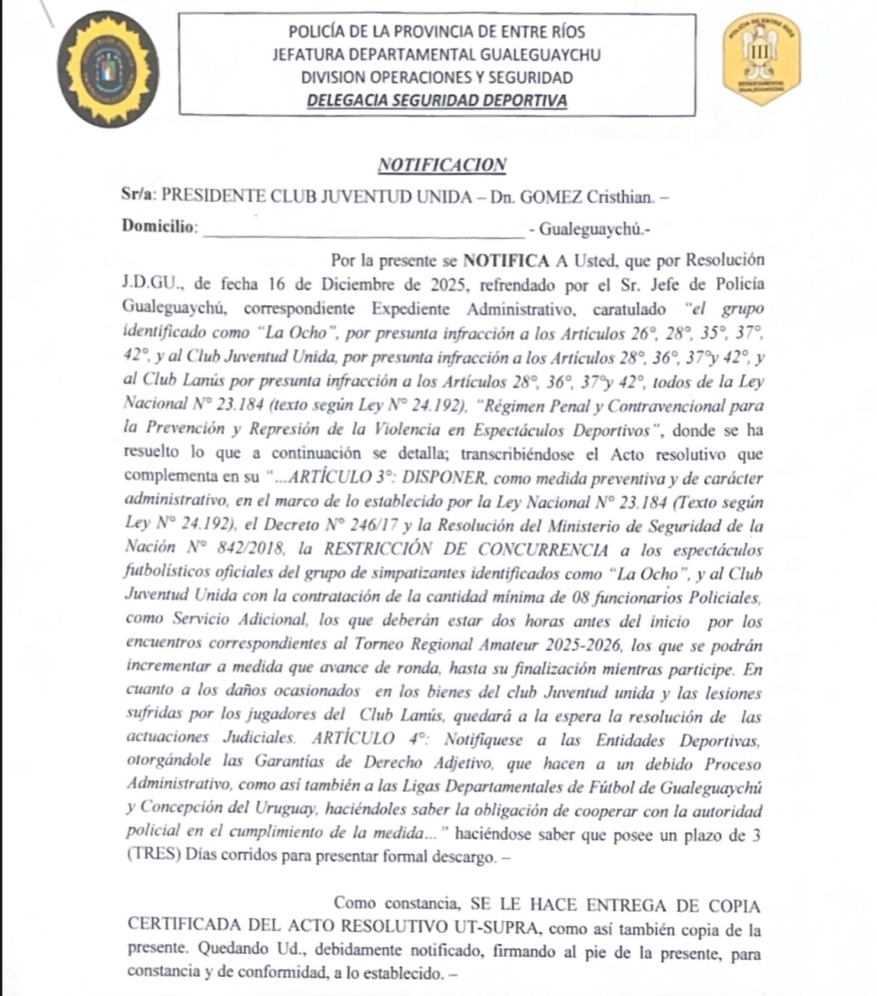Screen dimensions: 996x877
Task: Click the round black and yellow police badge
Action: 107,70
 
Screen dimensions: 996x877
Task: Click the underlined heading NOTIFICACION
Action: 444,166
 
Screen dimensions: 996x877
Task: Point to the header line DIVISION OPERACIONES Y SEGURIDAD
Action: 437,77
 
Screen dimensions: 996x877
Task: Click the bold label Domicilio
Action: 160,226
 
